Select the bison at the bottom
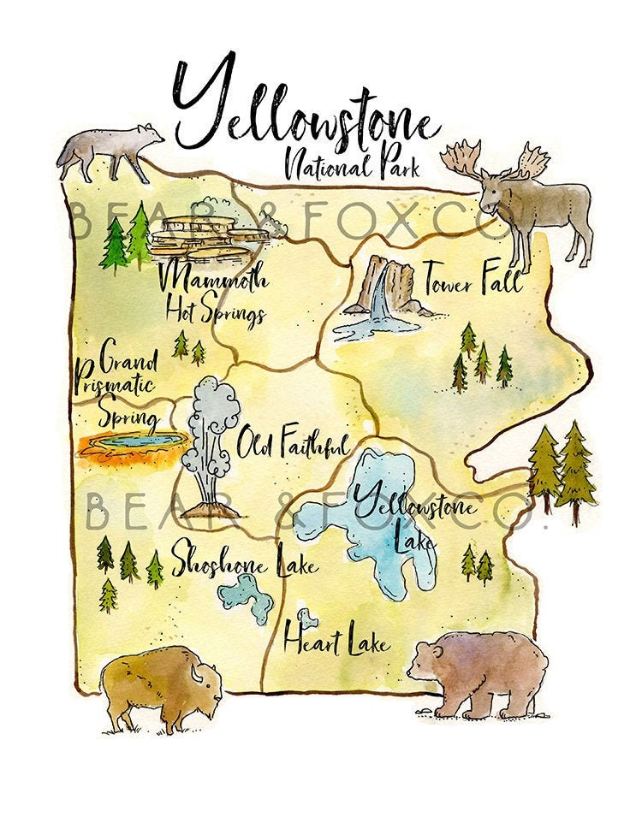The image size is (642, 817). pos(158,684)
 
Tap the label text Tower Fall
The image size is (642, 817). pos(472,278)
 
